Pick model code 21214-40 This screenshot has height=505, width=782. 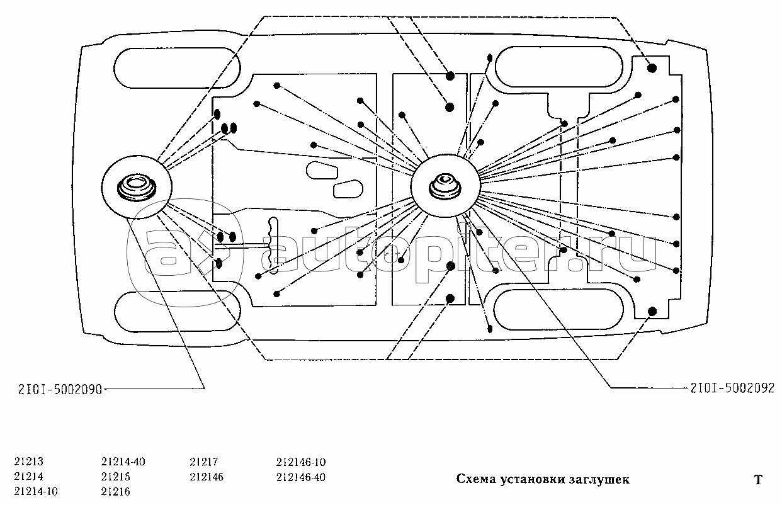[x=123, y=462]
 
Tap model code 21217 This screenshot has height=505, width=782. [x=203, y=462]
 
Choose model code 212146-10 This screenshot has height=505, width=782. [x=300, y=462]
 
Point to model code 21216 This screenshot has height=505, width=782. [x=116, y=491]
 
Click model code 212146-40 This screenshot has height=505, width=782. [x=300, y=477]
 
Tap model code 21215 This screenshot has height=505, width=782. [x=116, y=477]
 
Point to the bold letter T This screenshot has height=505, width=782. [x=758, y=480]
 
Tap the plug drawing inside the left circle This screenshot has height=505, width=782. [x=135, y=188]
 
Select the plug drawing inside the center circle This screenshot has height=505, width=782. [x=445, y=186]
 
